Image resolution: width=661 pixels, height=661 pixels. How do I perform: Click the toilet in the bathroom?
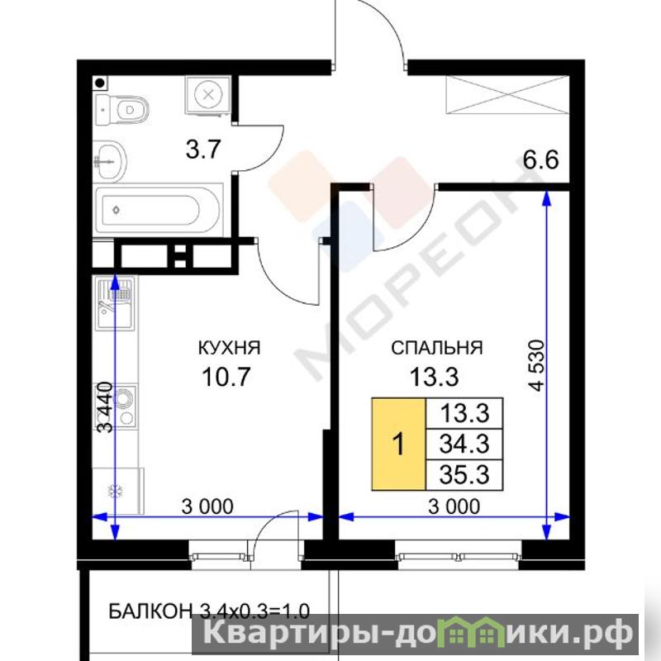click(122, 110)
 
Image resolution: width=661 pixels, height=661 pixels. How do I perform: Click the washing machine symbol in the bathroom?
click(208, 94)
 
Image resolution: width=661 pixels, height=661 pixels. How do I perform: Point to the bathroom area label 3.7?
click(203, 150)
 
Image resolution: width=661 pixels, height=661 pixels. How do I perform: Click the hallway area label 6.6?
click(540, 160)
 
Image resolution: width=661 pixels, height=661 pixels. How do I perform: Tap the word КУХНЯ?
click(229, 348)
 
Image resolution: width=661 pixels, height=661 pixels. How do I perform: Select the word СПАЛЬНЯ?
click(437, 348)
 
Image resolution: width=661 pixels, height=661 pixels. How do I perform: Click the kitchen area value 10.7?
click(226, 377)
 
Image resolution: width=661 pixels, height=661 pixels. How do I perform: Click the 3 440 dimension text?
click(106, 407)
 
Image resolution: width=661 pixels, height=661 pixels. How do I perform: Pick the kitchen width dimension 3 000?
click(207, 506)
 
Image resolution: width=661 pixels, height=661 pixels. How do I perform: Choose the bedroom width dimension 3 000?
click(454, 506)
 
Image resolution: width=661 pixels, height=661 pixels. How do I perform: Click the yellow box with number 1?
click(398, 444)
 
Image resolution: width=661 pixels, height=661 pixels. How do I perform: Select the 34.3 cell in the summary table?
click(464, 444)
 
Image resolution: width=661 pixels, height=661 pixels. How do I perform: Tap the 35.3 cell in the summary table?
click(464, 474)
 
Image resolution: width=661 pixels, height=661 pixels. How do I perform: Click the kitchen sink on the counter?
click(114, 302)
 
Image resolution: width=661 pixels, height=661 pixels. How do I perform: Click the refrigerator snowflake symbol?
click(115, 491)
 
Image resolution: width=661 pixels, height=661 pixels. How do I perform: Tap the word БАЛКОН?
click(150, 611)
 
